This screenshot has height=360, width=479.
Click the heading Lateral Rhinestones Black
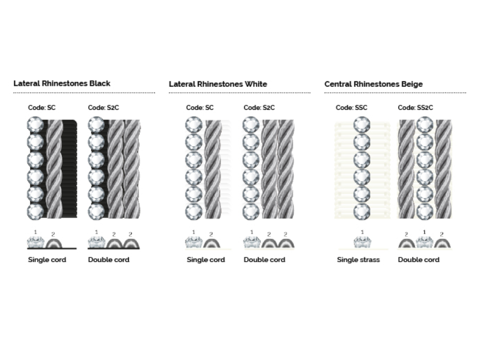pyautogui.click(x=62, y=84)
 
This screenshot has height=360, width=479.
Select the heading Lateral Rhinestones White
pyautogui.click(x=218, y=84)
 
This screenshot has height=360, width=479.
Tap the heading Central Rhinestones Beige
pyautogui.click(x=374, y=84)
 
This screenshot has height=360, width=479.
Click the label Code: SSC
pyautogui.click(x=351, y=108)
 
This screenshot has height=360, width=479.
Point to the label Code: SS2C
pyautogui.click(x=415, y=108)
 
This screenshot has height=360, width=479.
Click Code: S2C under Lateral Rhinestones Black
pyautogui.click(x=103, y=108)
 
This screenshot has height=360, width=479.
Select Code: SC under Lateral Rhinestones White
pyautogui.click(x=200, y=108)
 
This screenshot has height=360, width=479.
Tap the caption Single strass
pyautogui.click(x=358, y=260)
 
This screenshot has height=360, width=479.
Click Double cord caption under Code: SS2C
pyautogui.click(x=418, y=260)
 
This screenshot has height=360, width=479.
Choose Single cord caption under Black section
pyautogui.click(x=47, y=260)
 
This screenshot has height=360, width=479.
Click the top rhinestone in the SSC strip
pyautogui.click(x=362, y=124)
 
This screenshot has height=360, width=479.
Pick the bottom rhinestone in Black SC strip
pyautogui.click(x=35, y=211)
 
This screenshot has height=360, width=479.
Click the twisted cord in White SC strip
pyautogui.click(x=213, y=169)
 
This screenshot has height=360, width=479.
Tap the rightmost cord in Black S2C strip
pyautogui.click(x=132, y=169)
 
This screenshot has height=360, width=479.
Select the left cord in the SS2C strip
pyautogui.click(x=407, y=169)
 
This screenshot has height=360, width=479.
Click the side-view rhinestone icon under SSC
pyautogui.click(x=362, y=242)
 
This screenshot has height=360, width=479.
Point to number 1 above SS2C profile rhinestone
pyautogui.click(x=424, y=232)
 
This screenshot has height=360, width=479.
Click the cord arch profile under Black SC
pyautogui.click(x=54, y=244)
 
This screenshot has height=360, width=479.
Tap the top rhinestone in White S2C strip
pyautogui.click(x=251, y=124)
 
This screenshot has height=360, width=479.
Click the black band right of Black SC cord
pyautogui.click(x=70, y=169)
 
